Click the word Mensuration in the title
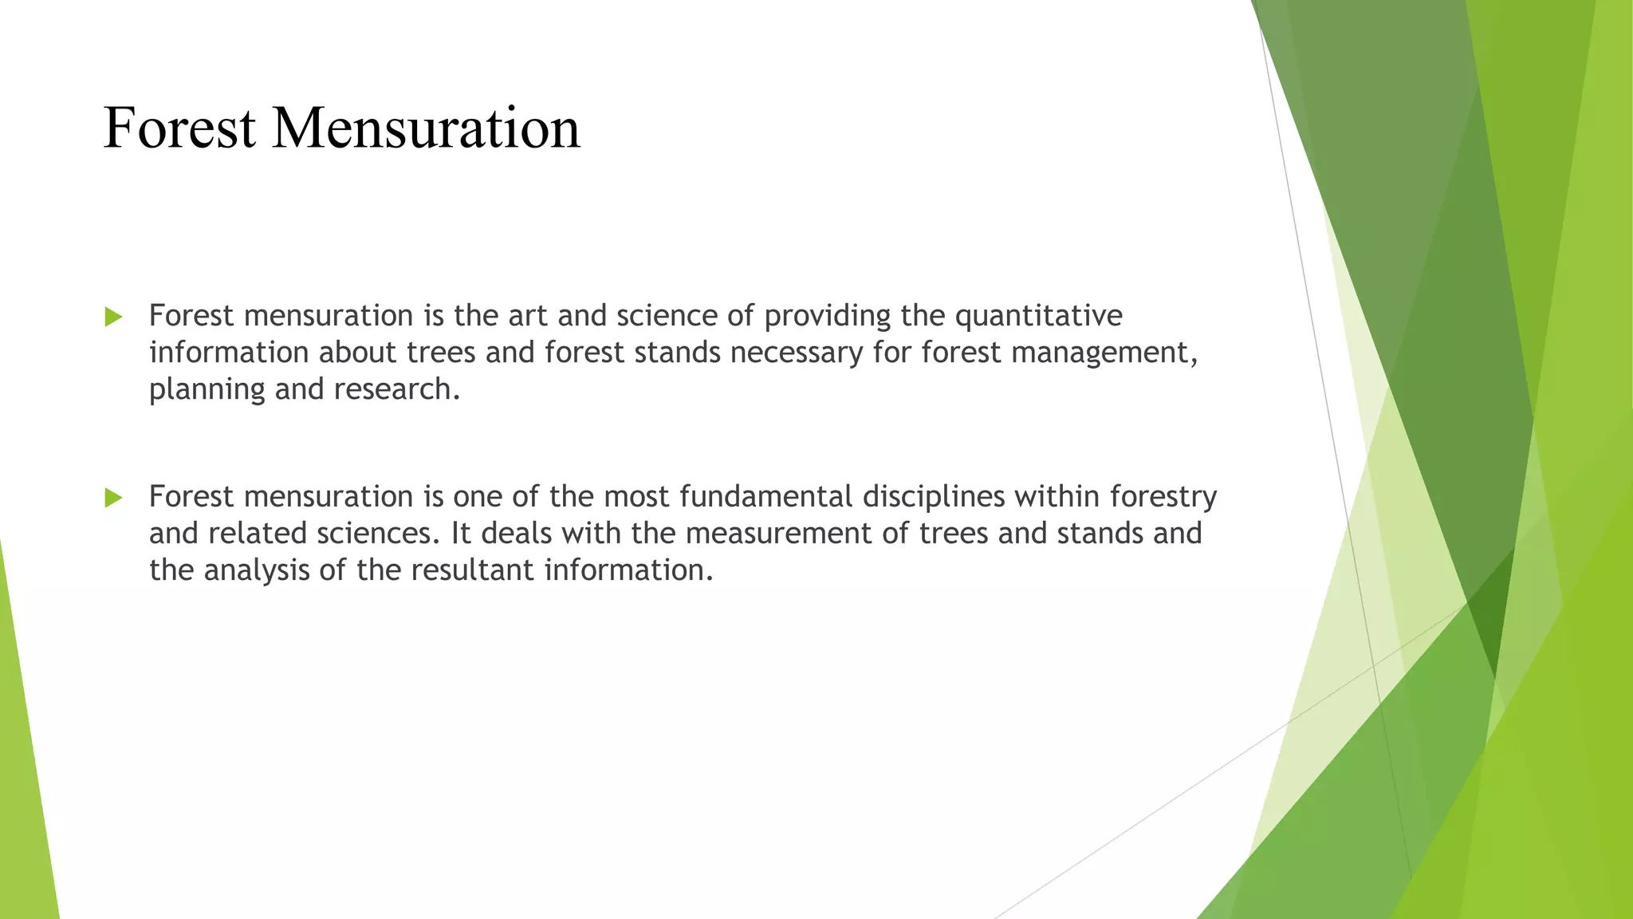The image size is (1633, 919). (426, 128)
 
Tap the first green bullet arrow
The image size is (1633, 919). (113, 317)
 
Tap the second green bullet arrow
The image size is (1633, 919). (113, 498)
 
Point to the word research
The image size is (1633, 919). (395, 389)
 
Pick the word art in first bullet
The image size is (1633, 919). (529, 317)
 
